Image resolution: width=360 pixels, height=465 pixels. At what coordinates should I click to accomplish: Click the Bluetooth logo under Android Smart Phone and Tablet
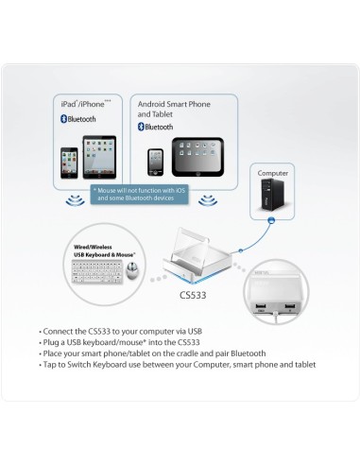point(143,127)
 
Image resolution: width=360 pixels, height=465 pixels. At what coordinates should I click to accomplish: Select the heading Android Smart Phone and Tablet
point(181,108)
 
